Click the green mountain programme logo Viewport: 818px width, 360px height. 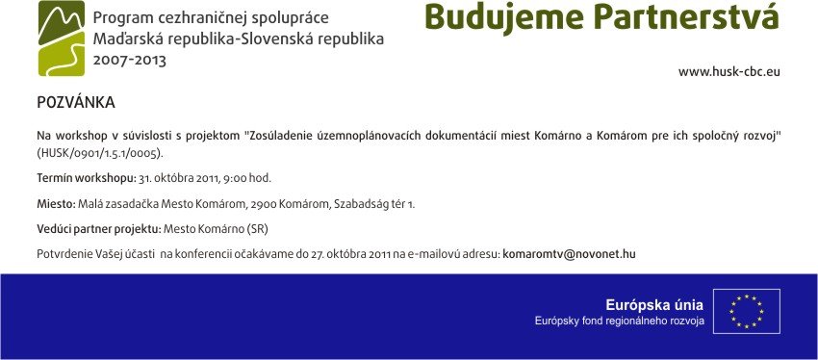[62, 39]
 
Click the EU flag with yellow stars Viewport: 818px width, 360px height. [747, 311]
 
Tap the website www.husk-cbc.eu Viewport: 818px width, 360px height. [729, 72]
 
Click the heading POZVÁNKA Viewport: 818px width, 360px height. [76, 102]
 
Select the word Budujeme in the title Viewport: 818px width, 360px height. [504, 17]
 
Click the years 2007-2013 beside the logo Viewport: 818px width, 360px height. [129, 60]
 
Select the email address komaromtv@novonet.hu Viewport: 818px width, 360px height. [569, 255]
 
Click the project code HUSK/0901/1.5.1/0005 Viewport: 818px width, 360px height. [100, 153]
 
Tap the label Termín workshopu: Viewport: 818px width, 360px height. [86, 178]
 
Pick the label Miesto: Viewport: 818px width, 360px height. [57, 204]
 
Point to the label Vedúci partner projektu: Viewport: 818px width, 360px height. [99, 229]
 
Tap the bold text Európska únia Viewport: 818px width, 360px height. [654, 306]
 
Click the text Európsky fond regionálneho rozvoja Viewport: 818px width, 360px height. [619, 321]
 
